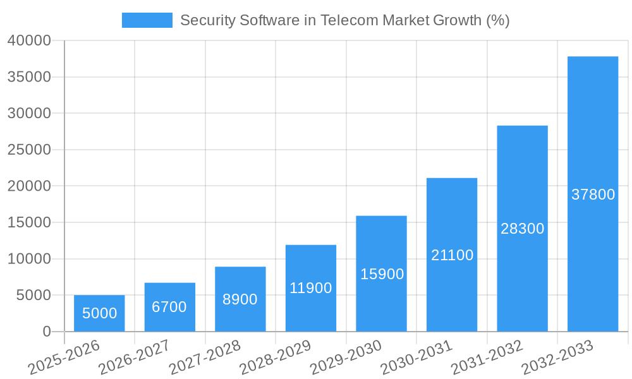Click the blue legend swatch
(147, 20)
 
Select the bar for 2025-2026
(99, 313)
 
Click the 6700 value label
(169, 307)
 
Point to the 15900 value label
(382, 274)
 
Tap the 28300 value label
(522, 229)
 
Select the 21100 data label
(452, 255)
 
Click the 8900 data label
(240, 299)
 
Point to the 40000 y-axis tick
(29, 41)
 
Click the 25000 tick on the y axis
(29, 150)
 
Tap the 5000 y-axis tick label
(33, 296)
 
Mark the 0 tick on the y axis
(47, 332)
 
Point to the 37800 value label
(593, 195)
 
